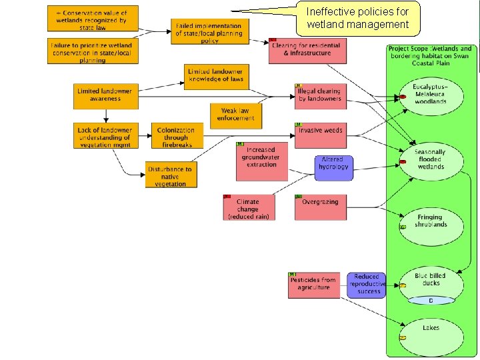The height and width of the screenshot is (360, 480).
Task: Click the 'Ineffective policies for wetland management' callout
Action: point(357,19)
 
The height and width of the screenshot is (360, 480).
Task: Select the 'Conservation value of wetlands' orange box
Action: point(92,19)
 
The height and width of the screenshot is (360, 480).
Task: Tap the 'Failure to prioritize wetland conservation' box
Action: point(92,52)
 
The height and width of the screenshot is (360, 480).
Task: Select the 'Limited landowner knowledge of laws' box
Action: point(216,76)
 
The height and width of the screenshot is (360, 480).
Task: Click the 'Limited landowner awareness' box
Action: point(105,95)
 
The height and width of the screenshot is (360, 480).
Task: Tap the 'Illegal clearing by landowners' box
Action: point(320,95)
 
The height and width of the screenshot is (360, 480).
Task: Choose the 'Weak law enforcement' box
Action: point(236,116)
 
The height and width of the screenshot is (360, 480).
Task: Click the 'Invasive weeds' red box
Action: point(320,131)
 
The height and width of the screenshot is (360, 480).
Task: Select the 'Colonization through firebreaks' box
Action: point(175,137)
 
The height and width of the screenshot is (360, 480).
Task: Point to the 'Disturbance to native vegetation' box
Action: point(171,175)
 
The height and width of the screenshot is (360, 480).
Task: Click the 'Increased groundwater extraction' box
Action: point(261,161)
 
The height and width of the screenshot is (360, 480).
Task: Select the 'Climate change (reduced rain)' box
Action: point(248,208)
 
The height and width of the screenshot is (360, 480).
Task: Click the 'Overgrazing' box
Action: point(320,207)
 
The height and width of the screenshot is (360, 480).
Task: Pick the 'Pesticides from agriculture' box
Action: point(313,285)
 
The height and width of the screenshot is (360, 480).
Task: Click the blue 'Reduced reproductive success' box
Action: point(366,285)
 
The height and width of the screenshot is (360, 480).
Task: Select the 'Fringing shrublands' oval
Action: point(431,221)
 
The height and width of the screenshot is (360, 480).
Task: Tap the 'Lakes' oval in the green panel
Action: point(431,331)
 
